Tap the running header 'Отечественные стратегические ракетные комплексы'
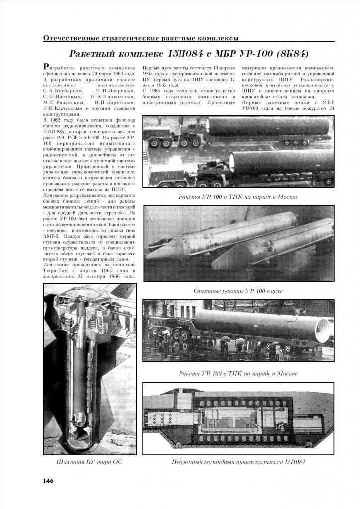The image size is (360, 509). click(141, 38)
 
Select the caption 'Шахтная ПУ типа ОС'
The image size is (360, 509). click(90, 462)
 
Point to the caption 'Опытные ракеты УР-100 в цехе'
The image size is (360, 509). click(238, 291)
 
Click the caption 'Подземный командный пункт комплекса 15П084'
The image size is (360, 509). click(238, 462)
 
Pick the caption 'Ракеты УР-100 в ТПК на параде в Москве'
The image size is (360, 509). click(238, 197)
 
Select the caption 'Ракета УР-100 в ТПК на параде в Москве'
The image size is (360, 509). click(238, 373)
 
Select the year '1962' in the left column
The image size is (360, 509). click(60, 120)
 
